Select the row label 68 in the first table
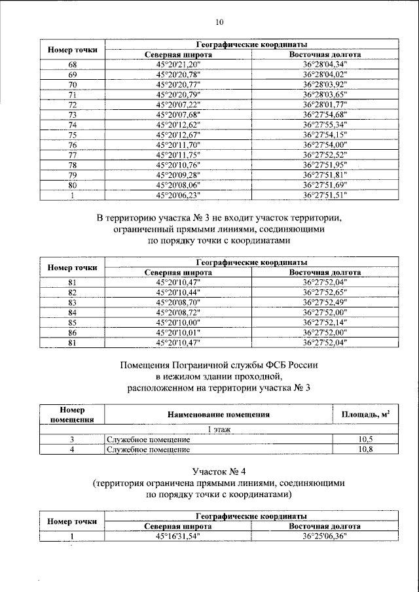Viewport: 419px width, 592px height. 73,64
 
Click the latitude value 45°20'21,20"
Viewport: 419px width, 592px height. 177,64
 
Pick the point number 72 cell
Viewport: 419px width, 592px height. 73,105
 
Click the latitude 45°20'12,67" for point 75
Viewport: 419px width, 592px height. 177,135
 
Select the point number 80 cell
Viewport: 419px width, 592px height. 73,185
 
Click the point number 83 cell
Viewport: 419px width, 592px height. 73,302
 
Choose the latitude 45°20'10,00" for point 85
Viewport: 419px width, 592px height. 177,322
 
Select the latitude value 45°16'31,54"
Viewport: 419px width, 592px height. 177,536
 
